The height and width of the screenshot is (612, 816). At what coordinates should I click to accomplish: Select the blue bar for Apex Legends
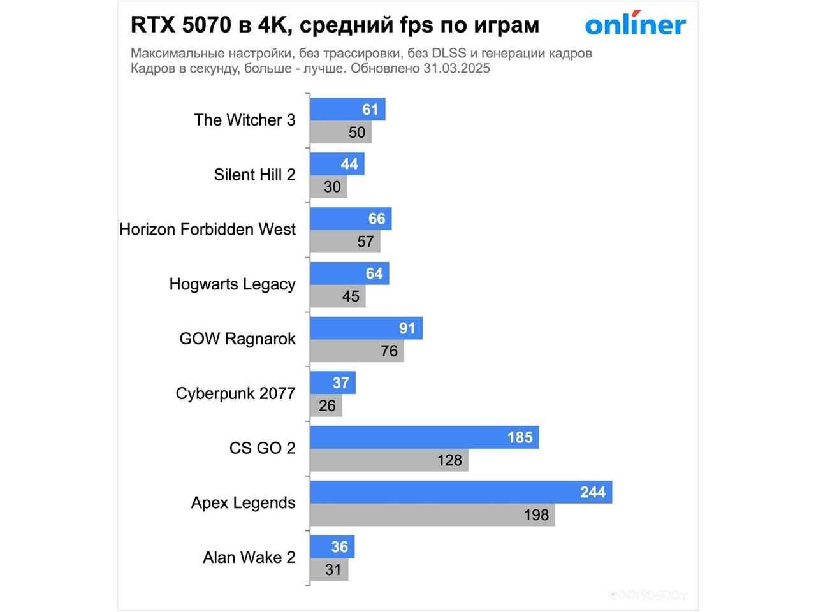pos(461,492)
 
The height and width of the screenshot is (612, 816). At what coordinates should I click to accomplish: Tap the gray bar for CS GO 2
pos(389,460)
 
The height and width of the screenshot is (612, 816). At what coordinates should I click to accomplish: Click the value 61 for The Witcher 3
pos(370,110)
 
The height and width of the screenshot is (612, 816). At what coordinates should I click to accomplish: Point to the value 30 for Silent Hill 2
pos(332,187)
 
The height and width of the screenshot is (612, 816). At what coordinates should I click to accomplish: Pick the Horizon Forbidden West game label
pos(207,229)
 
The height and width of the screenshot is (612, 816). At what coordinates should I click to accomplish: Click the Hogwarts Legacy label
pos(232,284)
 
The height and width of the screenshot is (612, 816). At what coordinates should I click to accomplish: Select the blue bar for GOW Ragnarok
pos(366,328)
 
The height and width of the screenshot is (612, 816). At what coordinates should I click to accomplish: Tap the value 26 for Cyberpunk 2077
pos(327,405)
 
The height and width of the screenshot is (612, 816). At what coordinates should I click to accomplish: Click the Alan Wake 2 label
pos(249,557)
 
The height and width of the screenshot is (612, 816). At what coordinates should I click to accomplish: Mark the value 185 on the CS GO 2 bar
pos(520,437)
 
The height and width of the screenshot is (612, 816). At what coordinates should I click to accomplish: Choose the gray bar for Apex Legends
pos(432,514)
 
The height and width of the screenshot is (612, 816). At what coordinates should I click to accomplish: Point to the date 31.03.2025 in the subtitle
pos(456,69)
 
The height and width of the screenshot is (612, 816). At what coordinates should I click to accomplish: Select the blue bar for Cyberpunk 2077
pos(333,383)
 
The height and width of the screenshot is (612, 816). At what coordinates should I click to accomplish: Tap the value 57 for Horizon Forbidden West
pos(365,242)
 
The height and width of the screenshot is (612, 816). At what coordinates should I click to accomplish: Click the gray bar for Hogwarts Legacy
pos(338,296)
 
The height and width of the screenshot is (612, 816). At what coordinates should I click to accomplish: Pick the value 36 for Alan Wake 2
pos(340,547)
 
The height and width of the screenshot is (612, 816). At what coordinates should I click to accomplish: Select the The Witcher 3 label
pos(244,120)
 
